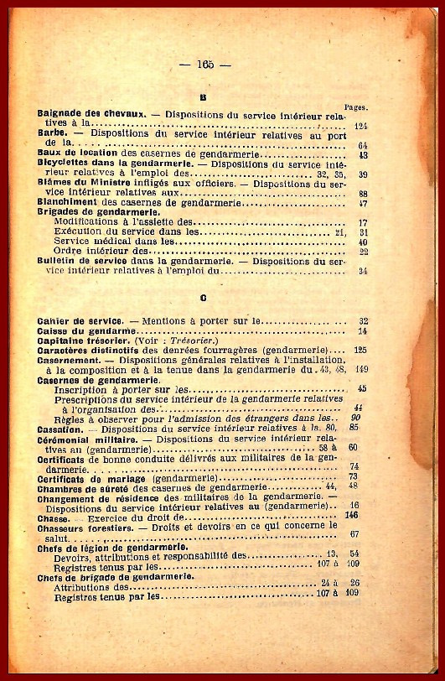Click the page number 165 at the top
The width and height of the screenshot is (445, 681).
coord(204,65)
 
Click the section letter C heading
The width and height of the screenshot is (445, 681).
coord(204,298)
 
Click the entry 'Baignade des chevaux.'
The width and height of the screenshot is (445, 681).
coord(92,113)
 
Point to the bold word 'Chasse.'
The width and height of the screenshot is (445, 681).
coord(54,517)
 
